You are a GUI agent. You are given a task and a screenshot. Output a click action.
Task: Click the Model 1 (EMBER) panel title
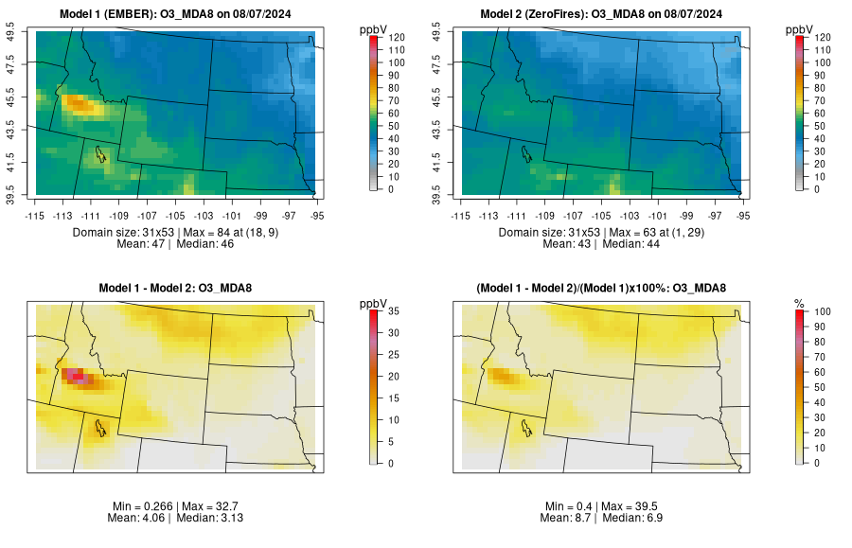click(x=180, y=13)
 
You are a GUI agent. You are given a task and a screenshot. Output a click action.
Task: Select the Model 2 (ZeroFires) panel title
click(x=605, y=13)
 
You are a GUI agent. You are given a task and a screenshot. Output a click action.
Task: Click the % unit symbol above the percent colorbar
click(x=800, y=303)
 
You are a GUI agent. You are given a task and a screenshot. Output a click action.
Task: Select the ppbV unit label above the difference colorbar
click(x=374, y=303)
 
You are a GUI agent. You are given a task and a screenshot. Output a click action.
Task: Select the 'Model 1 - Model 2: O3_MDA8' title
click(x=180, y=288)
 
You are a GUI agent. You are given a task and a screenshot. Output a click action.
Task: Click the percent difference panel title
click(x=605, y=288)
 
